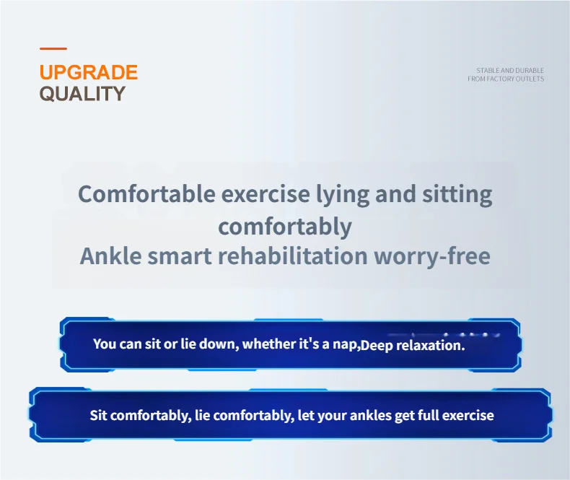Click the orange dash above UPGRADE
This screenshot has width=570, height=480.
pos(53,48)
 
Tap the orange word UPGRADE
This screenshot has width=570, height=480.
pos(89,72)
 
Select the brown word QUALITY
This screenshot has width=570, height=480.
pos(82,93)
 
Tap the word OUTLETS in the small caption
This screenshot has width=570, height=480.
pos(533,79)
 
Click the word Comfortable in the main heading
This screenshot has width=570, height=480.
pos(147,194)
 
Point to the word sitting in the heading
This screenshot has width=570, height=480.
pos(457,195)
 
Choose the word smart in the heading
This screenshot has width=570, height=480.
pos(180,256)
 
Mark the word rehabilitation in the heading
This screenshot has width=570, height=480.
pos(293,256)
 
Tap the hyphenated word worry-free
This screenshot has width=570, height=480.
pos(432,256)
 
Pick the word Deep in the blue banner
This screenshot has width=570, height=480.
pos(377,346)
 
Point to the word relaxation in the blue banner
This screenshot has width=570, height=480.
pos(430,345)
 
